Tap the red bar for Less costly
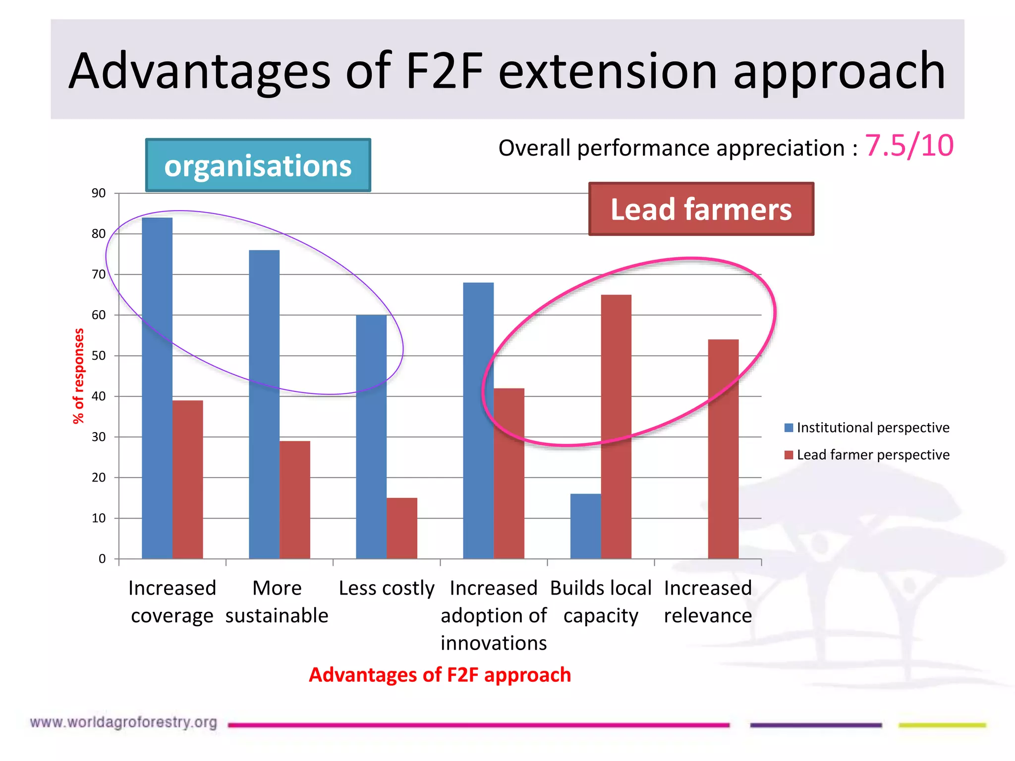pyautogui.click(x=402, y=528)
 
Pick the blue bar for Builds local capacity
pyautogui.click(x=585, y=526)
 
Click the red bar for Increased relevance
pyautogui.click(x=723, y=449)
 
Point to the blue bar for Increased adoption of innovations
pyautogui.click(x=478, y=421)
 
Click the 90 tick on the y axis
pyautogui.click(x=99, y=193)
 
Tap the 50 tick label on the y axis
pyautogui.click(x=99, y=356)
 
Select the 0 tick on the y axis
pyautogui.click(x=102, y=559)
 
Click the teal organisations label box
pyautogui.click(x=258, y=165)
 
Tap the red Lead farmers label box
pyautogui.click(x=701, y=209)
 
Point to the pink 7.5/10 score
pyautogui.click(x=909, y=146)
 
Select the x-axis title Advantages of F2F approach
pyautogui.click(x=440, y=675)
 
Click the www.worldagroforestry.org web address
pyautogui.click(x=123, y=722)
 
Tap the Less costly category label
pyautogui.click(x=387, y=588)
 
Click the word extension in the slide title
pyautogui.click(x=608, y=71)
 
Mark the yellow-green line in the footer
pyautogui.click(x=942, y=725)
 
